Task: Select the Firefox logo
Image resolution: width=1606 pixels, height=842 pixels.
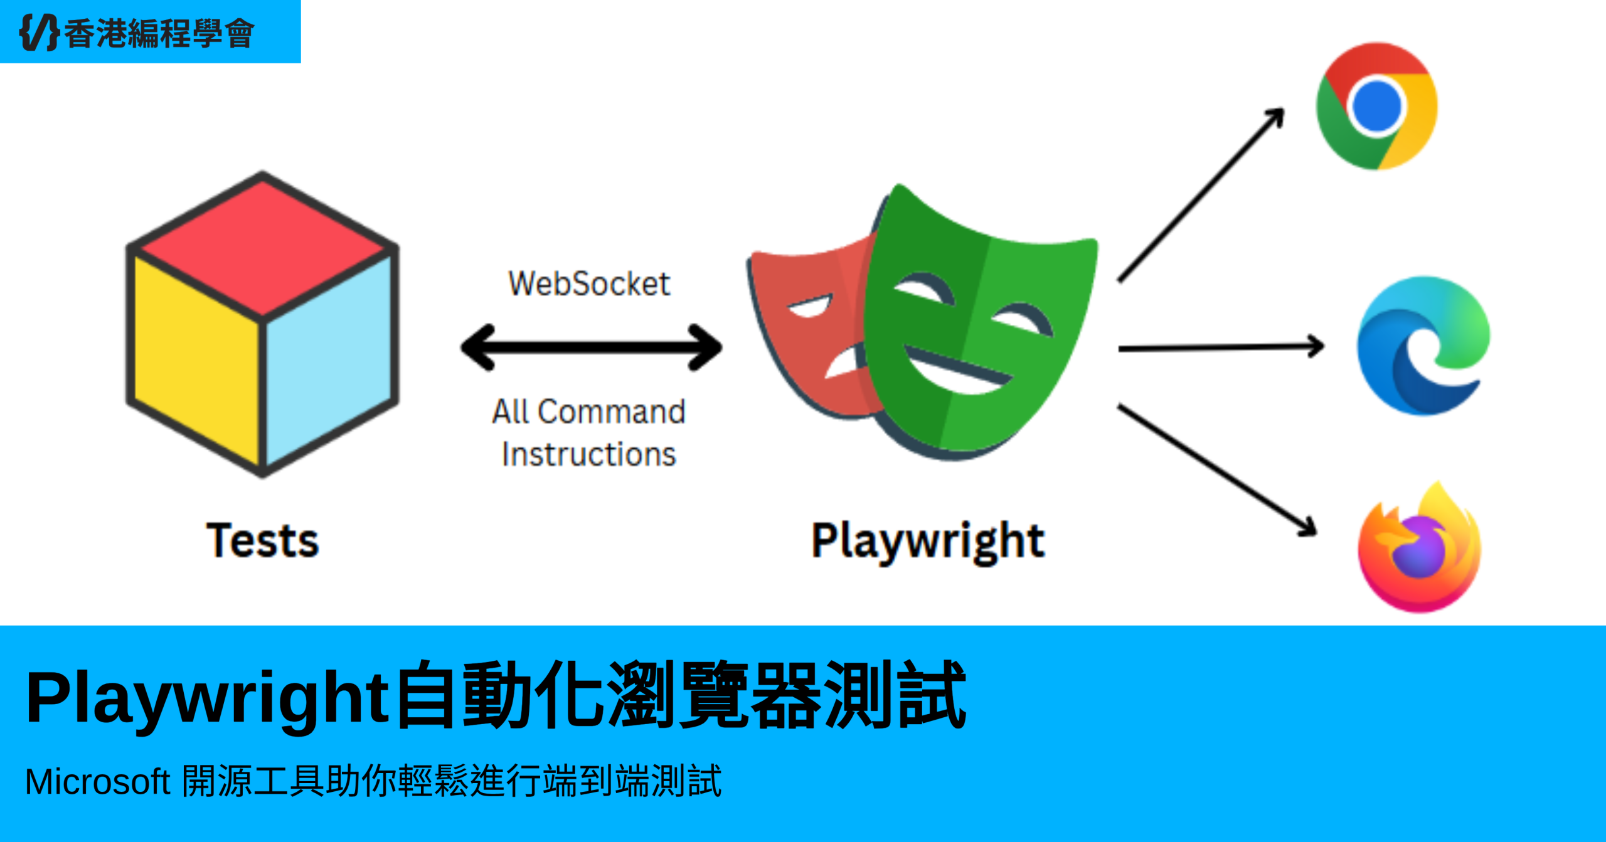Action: (1419, 549)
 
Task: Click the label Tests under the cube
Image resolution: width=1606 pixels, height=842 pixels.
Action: (262, 540)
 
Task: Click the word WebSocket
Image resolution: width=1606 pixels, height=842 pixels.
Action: (588, 283)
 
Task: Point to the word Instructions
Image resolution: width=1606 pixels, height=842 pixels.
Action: (588, 454)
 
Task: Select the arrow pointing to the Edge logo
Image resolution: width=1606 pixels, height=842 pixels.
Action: (1220, 347)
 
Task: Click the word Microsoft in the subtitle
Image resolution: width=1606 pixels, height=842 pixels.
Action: (97, 782)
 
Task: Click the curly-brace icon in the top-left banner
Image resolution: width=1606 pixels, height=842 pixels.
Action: (39, 32)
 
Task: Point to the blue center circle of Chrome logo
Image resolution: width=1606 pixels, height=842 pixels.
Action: (1376, 105)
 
